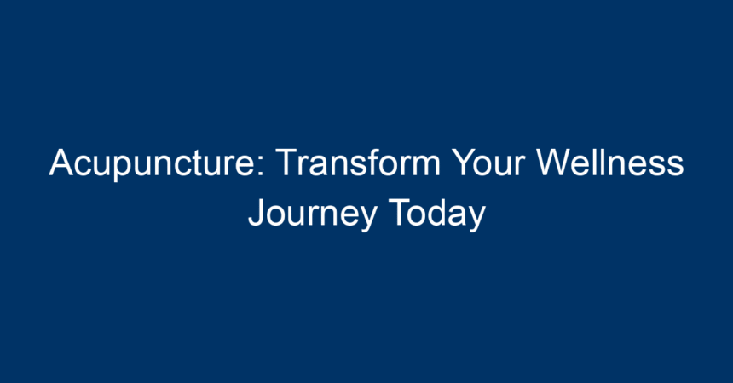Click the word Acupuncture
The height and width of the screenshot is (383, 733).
click(157, 163)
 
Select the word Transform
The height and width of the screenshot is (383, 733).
click(358, 162)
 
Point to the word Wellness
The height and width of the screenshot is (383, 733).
click(610, 162)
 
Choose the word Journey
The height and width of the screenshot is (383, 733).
click(312, 214)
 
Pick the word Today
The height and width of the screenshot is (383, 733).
click(436, 214)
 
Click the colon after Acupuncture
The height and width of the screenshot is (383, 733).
click(261, 166)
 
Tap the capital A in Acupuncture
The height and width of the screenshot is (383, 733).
click(61, 162)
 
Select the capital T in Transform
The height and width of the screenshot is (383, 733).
click(286, 162)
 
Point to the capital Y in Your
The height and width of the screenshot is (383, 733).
click(465, 162)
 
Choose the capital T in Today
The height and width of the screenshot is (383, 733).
click(399, 213)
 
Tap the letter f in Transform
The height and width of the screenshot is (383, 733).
click(371, 162)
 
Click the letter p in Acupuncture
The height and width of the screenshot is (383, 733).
click(123, 169)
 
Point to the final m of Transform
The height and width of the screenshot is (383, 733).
click(424, 166)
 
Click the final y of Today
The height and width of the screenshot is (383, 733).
click(476, 219)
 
